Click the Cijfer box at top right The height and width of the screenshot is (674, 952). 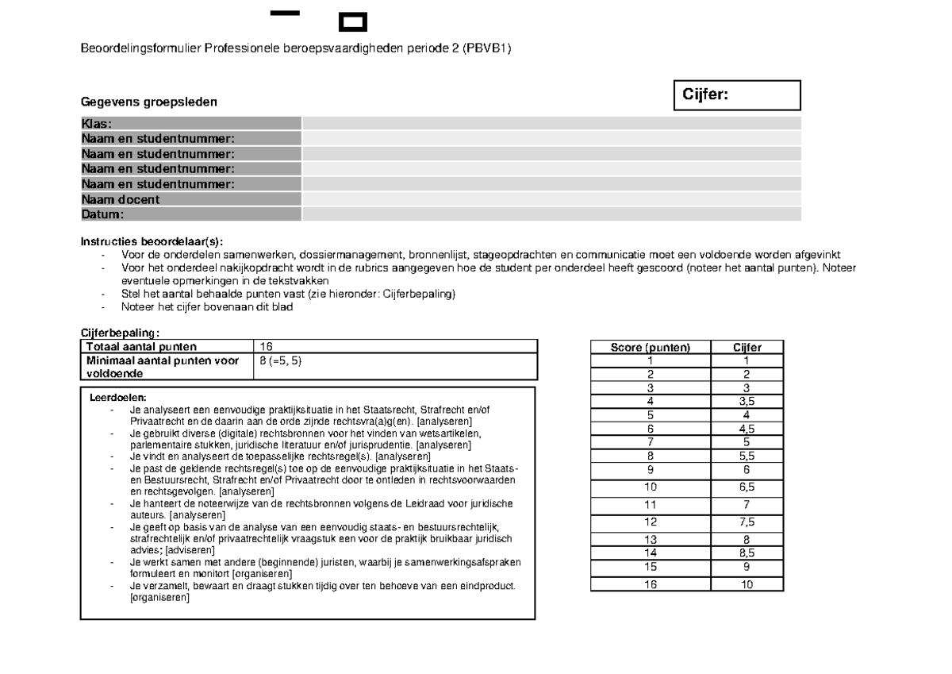736,95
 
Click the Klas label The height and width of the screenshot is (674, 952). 96,123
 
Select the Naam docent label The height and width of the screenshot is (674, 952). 120,199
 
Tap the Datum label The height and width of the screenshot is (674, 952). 102,214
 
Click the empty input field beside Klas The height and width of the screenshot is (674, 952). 551,123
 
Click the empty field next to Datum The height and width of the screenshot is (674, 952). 551,214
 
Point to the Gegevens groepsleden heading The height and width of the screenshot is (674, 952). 148,102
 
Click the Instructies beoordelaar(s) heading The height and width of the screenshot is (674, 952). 152,241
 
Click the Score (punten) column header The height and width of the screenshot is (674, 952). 651,347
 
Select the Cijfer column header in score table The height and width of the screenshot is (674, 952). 747,347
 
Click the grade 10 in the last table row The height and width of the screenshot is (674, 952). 747,584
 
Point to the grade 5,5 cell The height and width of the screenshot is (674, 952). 747,456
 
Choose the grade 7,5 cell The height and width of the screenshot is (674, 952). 747,522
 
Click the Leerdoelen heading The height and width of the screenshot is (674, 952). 118,398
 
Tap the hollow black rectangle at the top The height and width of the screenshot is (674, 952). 352,21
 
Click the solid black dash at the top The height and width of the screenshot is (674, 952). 285,13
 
